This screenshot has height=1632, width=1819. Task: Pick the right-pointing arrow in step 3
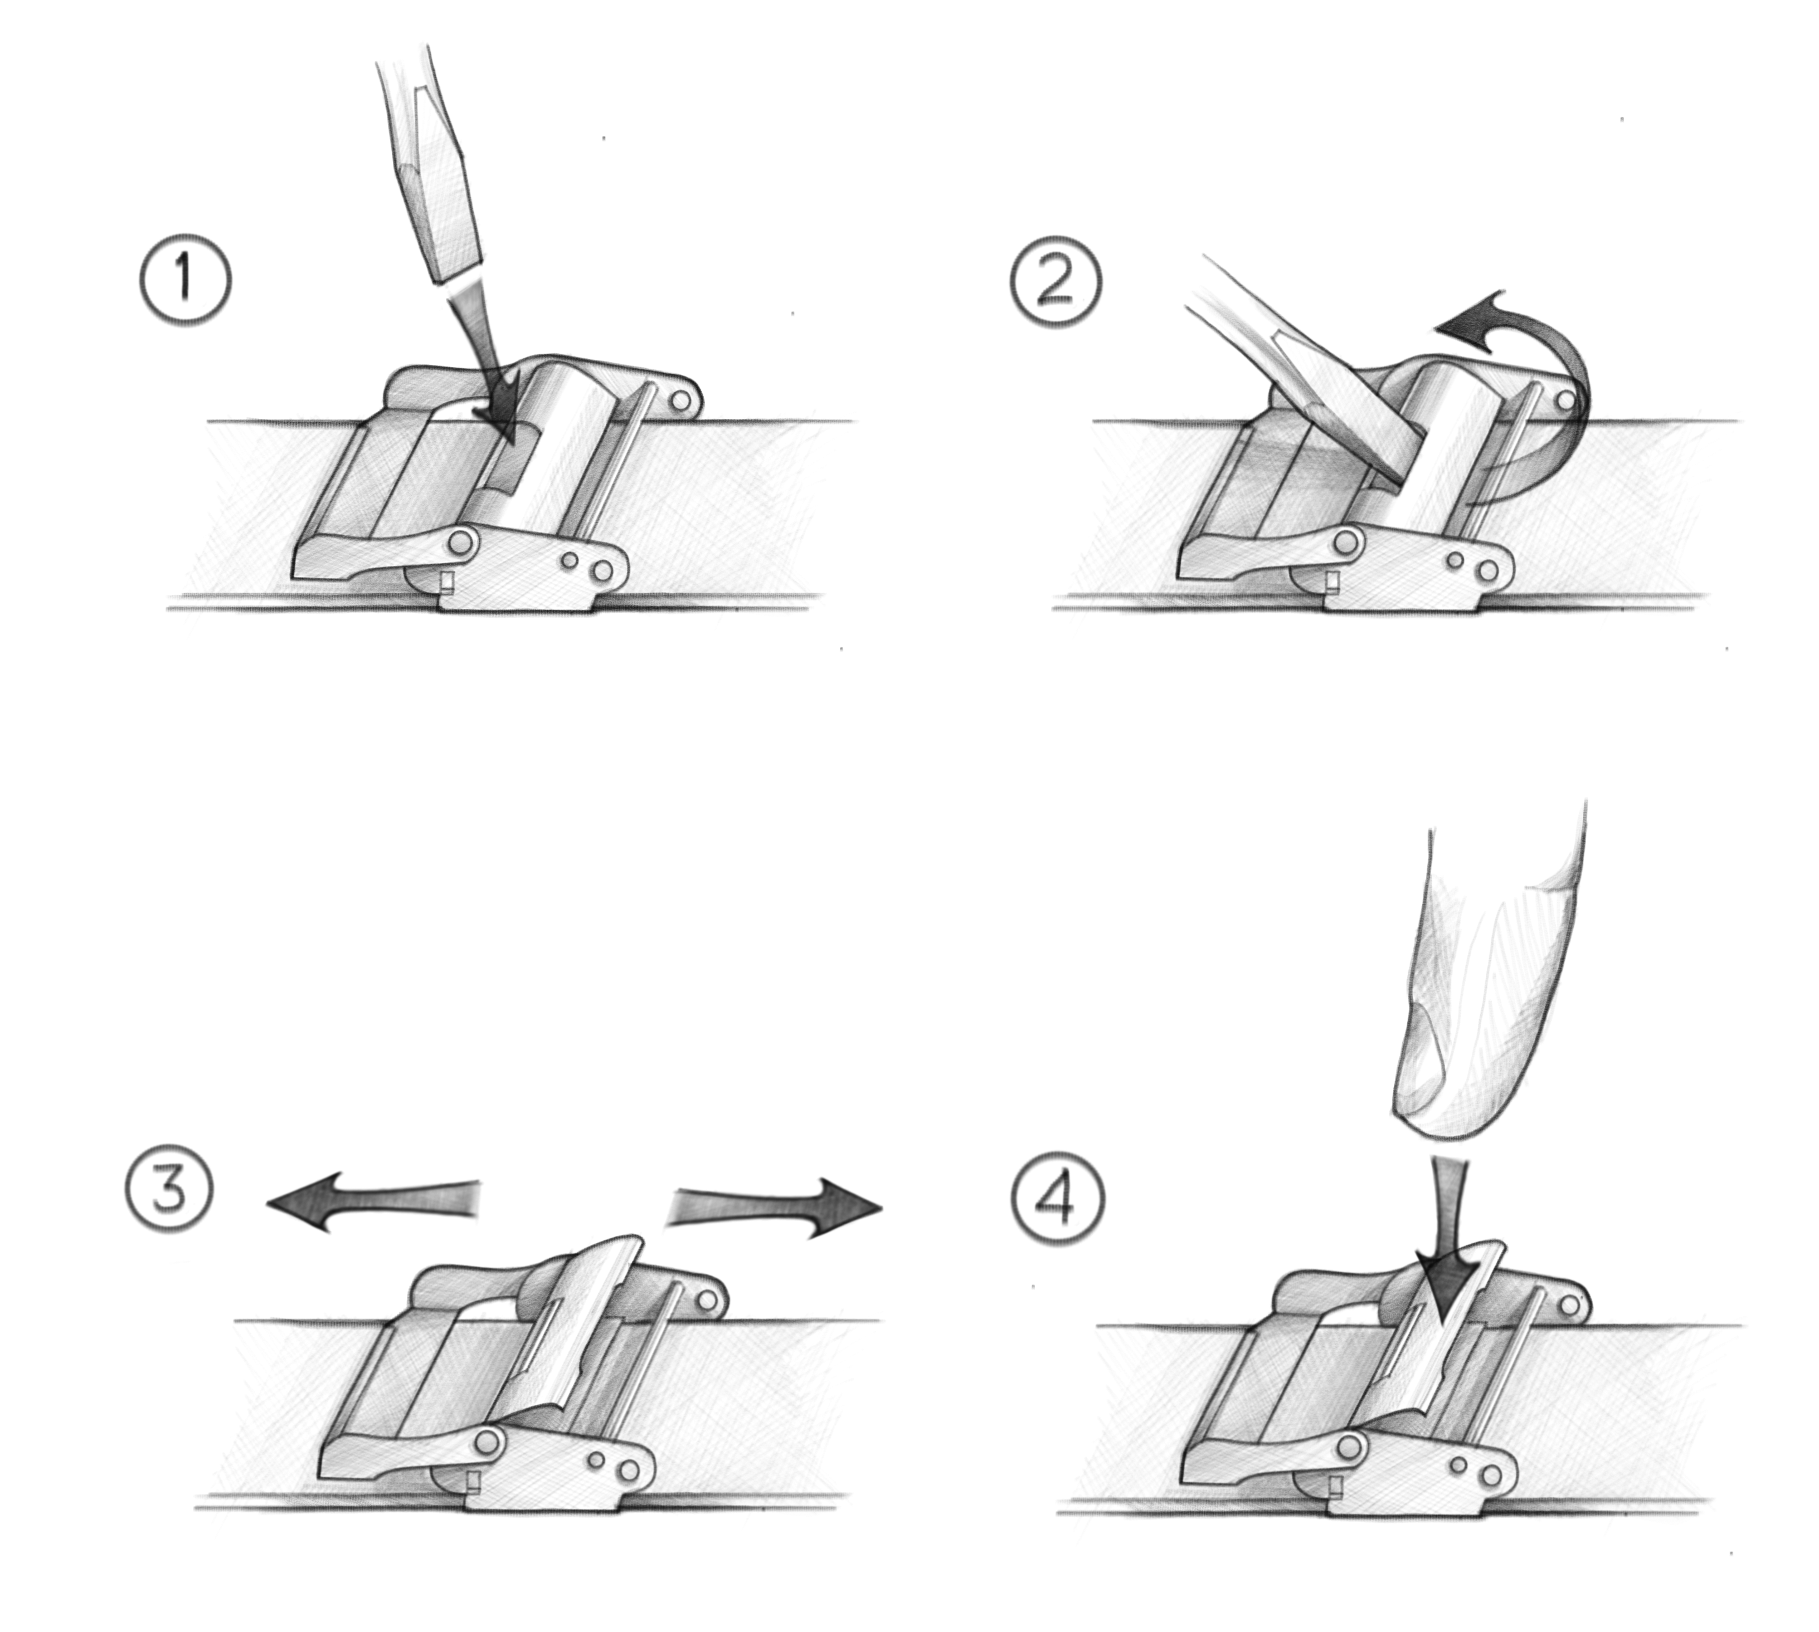point(780,1207)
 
